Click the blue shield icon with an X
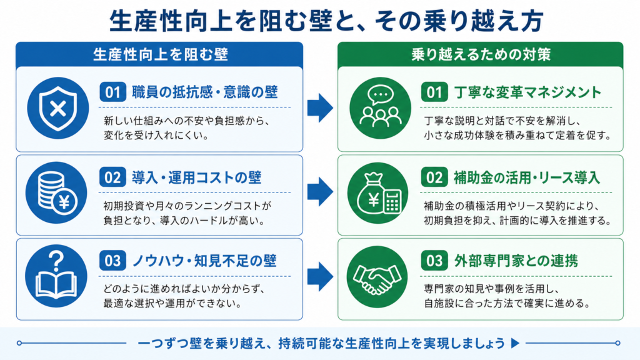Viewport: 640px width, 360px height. point(58,108)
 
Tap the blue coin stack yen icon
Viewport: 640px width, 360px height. point(56,192)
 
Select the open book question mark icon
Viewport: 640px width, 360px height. point(56,276)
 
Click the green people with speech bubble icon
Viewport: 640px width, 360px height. point(380,108)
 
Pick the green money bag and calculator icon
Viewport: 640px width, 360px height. point(378,192)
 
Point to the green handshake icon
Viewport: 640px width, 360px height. point(377,277)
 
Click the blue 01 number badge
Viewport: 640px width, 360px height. point(112,92)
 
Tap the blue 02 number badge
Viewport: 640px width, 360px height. point(112,177)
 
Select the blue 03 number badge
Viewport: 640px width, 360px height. point(112,261)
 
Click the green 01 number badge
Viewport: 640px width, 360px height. point(434,92)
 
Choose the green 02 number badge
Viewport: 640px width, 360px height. point(434,177)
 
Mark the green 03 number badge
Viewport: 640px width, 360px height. point(434,261)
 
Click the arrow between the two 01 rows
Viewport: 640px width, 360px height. point(321,107)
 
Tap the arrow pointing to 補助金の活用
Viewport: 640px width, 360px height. point(321,191)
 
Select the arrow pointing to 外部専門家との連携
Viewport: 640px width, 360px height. point(321,277)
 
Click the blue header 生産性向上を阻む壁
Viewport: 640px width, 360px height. point(159,54)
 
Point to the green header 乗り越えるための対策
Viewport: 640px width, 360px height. point(481,54)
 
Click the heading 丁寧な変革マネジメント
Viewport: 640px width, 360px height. point(527,92)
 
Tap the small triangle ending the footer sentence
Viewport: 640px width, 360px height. point(516,343)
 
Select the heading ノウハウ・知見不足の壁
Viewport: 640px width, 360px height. point(204,261)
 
